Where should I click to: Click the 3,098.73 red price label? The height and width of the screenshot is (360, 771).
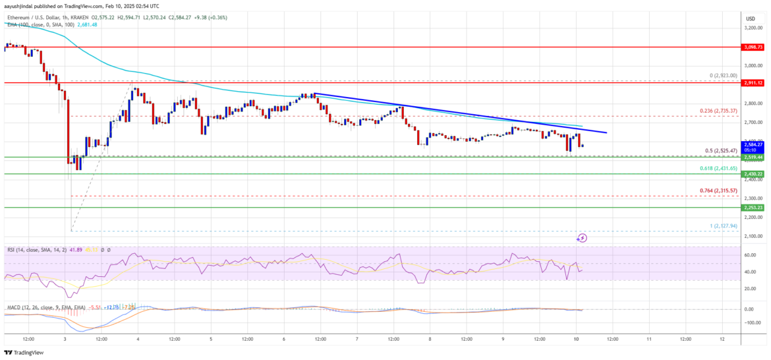pos(753,47)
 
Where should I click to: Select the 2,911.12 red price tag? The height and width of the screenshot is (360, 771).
pos(753,83)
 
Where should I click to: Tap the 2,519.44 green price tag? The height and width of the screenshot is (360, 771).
pos(753,158)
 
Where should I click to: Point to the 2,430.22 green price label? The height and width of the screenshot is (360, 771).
pos(753,174)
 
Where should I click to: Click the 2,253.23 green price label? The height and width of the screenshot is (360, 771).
pos(753,207)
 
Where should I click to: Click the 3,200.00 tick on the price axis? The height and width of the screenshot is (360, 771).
pos(753,28)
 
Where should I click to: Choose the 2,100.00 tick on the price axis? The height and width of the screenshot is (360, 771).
pos(753,236)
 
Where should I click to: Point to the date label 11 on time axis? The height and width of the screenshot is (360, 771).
pos(649,339)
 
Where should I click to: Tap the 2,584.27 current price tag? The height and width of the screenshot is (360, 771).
pos(753,144)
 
